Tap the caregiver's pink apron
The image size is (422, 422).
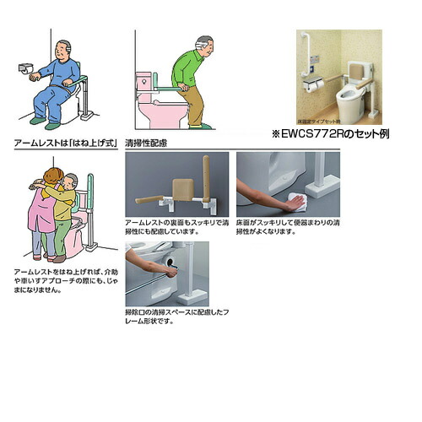[x=41, y=211]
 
